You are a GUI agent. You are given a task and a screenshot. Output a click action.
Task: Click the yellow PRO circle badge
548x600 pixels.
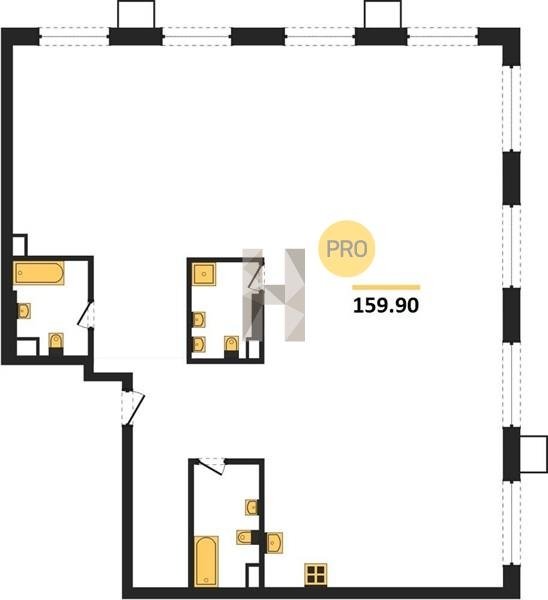[x=347, y=249]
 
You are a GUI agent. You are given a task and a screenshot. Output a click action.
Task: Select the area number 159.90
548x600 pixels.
[x=386, y=306]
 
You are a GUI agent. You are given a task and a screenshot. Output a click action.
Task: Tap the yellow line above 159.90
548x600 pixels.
[x=386, y=287]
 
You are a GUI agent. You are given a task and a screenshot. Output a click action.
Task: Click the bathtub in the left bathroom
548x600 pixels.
[x=39, y=273]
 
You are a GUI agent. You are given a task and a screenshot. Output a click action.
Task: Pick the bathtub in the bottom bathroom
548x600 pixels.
[x=207, y=561]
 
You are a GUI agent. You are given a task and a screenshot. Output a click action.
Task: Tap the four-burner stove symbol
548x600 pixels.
[x=316, y=574]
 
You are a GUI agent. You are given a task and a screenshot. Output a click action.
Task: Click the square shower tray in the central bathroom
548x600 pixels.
[x=204, y=274]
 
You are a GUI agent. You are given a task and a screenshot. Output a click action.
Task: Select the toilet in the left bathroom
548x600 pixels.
[x=56, y=341]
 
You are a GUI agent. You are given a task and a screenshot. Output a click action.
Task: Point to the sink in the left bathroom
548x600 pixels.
[x=24, y=311]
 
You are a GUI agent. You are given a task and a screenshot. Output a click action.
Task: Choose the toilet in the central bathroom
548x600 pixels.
[x=232, y=344]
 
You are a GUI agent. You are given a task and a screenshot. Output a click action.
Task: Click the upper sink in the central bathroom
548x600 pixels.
[x=199, y=320]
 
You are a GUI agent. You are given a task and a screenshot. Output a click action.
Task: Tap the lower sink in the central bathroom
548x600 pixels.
[x=199, y=344]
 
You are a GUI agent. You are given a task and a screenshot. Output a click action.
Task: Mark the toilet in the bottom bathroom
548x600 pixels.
[x=245, y=537]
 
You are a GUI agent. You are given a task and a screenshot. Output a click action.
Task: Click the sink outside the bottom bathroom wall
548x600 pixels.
[x=275, y=543]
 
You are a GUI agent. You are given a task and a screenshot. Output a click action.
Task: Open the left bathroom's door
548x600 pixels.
[x=86, y=315]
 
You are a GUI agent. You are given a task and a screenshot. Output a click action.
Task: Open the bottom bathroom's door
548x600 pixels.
[x=210, y=466]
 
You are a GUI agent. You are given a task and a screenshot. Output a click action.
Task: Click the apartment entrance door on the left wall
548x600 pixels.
[x=133, y=408]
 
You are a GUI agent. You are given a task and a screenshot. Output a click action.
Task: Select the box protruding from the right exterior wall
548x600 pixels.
[x=534, y=454]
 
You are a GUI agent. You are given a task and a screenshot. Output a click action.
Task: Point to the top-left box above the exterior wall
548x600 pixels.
[x=136, y=14]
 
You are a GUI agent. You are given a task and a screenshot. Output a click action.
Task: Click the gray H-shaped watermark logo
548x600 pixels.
[x=274, y=295]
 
